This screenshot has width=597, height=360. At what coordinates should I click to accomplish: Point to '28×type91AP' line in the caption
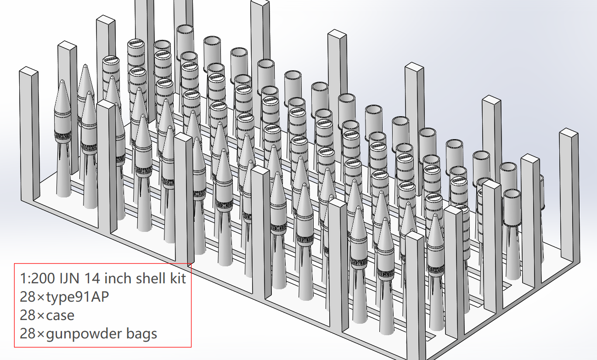(64, 297)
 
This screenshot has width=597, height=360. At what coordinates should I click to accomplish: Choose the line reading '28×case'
(47, 315)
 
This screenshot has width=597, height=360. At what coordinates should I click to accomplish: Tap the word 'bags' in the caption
(141, 334)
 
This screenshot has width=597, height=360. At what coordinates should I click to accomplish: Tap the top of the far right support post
(569, 134)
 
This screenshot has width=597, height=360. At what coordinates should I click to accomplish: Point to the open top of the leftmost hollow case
(186, 29)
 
